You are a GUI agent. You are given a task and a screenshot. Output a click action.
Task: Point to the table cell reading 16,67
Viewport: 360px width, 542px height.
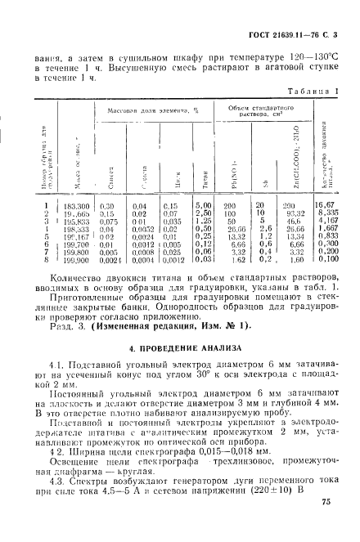pyautogui.click(x=326, y=206)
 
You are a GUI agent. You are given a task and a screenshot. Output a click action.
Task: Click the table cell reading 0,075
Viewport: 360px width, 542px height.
pyautogui.click(x=108, y=221)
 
